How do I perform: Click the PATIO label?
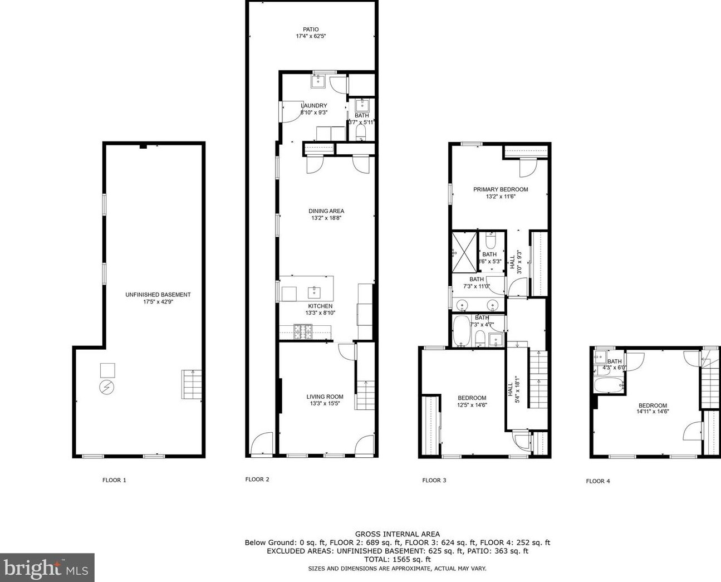(311, 30)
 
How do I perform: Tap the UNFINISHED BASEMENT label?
(158, 295)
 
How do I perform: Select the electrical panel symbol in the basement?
(106, 388)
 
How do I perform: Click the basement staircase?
(192, 384)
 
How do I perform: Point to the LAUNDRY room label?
(313, 106)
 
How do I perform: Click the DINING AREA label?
(326, 211)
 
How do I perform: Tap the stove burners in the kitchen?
(303, 332)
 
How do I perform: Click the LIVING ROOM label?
(325, 397)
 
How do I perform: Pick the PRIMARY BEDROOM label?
(501, 189)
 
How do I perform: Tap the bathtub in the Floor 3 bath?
(461, 331)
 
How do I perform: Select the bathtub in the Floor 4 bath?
(609, 385)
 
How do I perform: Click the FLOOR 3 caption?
(434, 480)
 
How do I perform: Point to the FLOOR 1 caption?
(114, 480)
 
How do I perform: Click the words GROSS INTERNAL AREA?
(398, 534)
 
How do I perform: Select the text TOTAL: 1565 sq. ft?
(398, 559)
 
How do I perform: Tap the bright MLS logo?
(47, 568)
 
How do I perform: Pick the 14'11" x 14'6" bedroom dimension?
(653, 412)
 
